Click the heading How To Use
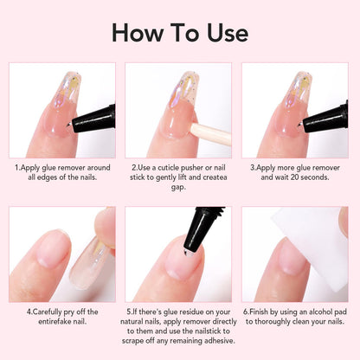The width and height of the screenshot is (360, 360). pos(179,34)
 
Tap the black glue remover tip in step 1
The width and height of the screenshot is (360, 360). pos(96,117)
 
